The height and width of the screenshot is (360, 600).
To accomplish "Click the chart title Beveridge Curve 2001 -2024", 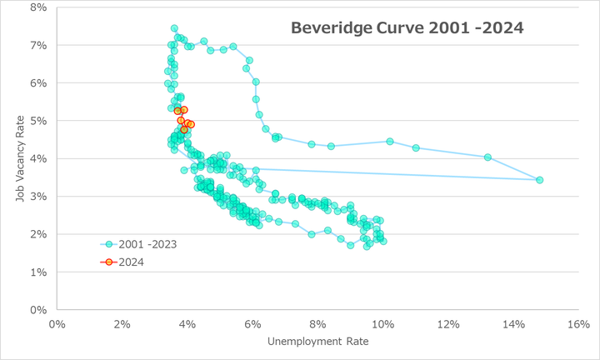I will pos(407,27).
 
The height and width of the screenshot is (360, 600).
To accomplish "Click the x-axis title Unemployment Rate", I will pos(317,342).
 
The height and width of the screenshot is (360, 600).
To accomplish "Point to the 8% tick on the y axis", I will pos(37,7).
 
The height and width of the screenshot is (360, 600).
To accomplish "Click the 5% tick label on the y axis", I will pos(37,121).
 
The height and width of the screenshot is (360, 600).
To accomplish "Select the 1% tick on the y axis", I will pos(37,272).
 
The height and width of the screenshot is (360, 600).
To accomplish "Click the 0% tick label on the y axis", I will pos(37,310).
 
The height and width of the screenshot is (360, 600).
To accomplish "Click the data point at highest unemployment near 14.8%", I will pos(539,180).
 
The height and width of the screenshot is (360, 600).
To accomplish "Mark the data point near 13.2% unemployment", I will pos(487,157).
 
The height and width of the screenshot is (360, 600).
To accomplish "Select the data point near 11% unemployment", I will pos(416,148).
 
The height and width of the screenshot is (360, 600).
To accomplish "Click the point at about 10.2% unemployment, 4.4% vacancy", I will pos(389,142).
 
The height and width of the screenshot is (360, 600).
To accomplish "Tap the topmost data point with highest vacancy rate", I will pos(174,28).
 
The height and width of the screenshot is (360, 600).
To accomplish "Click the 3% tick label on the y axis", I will pos(37,197).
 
